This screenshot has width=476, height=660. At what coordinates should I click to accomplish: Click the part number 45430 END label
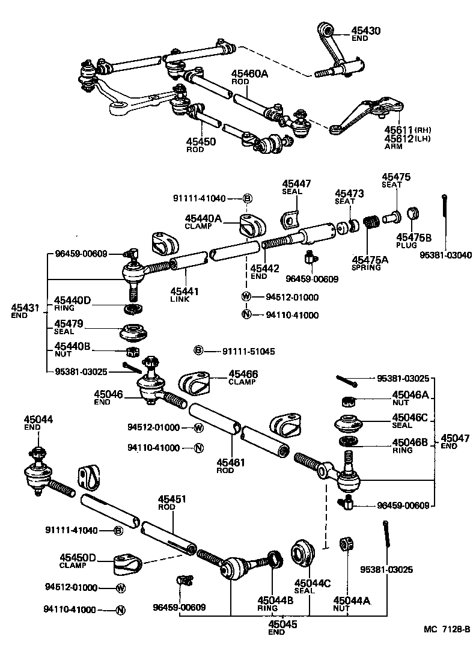point(366,33)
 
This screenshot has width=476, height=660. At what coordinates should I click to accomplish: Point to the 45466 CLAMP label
point(243,377)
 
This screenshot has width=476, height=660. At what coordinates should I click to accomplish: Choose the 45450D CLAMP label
point(78,561)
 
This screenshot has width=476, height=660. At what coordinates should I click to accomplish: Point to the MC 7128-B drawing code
point(446,629)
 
